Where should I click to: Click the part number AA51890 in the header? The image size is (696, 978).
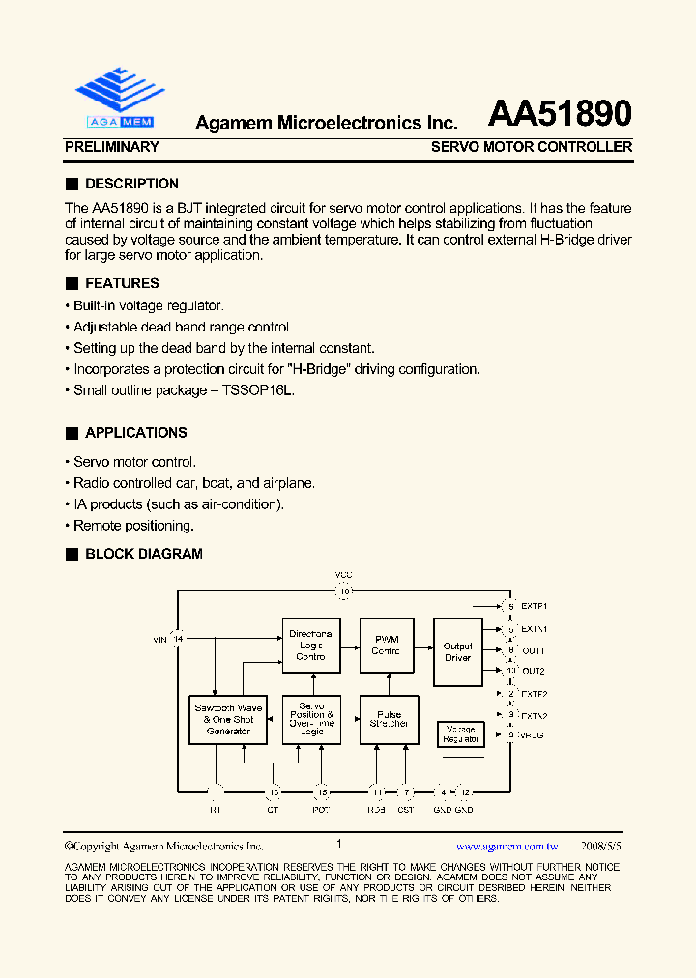(x=560, y=114)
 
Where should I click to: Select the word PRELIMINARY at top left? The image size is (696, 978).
(x=111, y=147)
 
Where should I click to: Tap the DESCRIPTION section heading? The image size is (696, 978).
(x=131, y=184)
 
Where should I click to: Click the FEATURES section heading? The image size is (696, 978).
(x=122, y=283)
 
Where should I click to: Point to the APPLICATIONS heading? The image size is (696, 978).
(x=135, y=433)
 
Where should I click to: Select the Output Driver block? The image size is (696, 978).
(x=457, y=651)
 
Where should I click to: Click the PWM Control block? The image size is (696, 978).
(x=386, y=645)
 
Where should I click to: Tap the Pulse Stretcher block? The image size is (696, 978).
(x=389, y=720)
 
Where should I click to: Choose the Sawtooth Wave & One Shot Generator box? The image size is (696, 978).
(x=228, y=720)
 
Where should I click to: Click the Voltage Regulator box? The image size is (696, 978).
(x=460, y=733)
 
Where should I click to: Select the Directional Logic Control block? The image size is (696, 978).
(x=311, y=645)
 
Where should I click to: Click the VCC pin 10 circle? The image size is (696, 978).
(x=344, y=591)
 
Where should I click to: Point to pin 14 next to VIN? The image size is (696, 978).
(x=179, y=639)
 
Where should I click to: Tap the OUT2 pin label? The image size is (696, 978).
(x=534, y=670)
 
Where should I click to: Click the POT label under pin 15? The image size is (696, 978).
(x=321, y=809)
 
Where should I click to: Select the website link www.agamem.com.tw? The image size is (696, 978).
(x=507, y=845)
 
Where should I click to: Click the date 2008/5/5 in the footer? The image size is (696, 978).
(x=601, y=845)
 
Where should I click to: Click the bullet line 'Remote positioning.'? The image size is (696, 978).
(x=133, y=526)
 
